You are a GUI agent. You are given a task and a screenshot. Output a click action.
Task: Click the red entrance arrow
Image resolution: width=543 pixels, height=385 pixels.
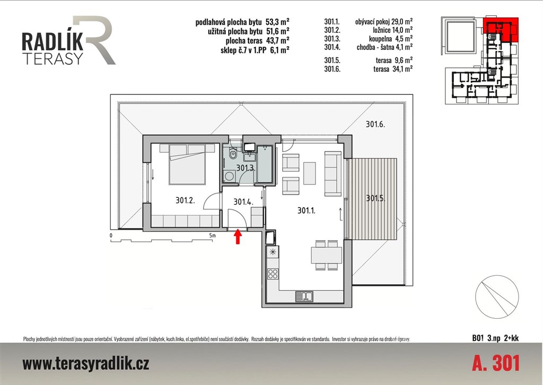point(238,237)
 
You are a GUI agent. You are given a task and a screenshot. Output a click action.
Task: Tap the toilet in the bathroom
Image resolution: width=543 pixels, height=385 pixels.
point(233,154)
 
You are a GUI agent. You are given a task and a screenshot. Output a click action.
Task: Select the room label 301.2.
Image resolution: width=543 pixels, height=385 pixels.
point(185,200)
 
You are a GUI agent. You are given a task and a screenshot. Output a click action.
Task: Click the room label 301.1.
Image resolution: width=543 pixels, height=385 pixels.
point(306,210)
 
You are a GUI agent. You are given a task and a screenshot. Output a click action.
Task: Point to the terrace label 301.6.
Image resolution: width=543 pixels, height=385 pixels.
point(375,124)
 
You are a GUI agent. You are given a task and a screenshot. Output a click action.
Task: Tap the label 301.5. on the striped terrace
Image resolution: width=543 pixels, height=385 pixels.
point(376,198)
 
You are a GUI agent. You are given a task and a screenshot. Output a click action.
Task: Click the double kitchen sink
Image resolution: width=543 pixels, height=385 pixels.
point(304,297)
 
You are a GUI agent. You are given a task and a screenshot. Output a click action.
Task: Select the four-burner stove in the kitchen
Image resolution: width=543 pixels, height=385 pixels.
point(273,274)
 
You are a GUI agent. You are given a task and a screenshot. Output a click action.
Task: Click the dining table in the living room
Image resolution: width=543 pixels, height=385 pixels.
point(327,255)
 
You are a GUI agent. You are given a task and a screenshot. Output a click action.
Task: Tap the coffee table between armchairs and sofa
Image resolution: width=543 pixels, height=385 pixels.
point(310,173)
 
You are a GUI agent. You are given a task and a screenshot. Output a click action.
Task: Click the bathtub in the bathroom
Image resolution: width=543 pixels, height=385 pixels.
point(265,164)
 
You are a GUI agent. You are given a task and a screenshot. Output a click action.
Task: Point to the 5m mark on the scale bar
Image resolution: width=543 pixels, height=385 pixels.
point(212,235)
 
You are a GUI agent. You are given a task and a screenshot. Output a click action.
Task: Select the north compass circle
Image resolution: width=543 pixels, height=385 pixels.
point(497,297)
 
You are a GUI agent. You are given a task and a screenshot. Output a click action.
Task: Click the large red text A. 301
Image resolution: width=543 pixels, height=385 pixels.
point(496,364)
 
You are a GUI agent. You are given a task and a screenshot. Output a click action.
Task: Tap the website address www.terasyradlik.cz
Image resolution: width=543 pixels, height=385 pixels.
point(86,364)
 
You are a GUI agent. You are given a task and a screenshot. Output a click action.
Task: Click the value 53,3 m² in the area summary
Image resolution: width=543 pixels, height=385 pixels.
point(277,22)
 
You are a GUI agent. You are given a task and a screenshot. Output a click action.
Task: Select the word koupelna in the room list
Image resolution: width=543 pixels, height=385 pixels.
point(381,38)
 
